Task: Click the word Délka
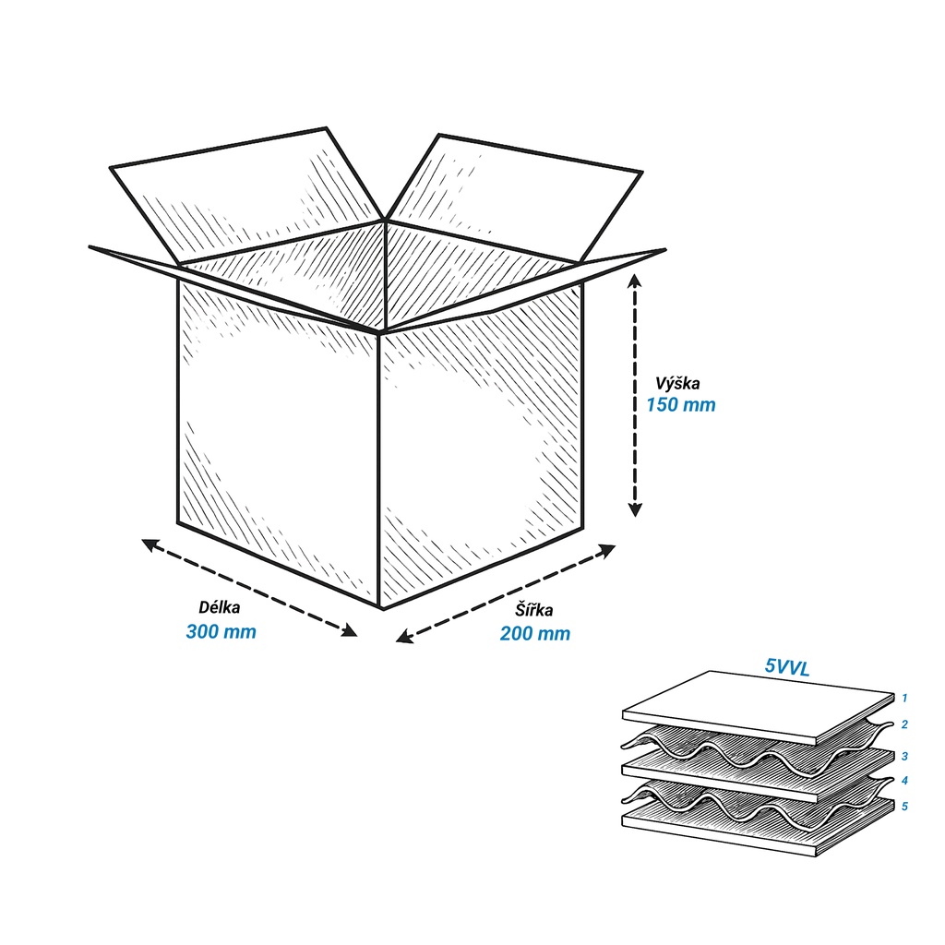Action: (220, 607)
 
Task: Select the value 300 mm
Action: (221, 631)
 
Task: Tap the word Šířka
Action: (534, 609)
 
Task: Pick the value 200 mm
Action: (535, 633)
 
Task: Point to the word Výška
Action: (677, 383)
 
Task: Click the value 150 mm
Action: (681, 404)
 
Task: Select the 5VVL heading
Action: (786, 666)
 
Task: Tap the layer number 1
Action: (904, 698)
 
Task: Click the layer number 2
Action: (904, 724)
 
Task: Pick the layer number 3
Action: (904, 756)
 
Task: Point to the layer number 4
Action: (904, 781)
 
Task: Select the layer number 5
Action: (904, 807)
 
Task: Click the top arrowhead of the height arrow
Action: (635, 280)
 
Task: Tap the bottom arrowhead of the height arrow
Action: (635, 509)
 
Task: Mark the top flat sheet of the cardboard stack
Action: (759, 706)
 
